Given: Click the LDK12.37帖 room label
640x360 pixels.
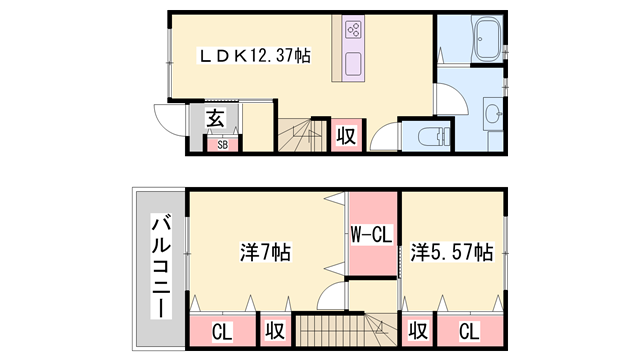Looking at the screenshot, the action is coord(253,56).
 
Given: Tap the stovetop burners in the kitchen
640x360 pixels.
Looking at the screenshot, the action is coord(353,30).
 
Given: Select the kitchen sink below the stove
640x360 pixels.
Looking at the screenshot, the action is coord(353,64).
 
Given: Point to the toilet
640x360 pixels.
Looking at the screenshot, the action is coord(433,136).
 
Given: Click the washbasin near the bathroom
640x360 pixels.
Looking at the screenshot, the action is coord(494,113).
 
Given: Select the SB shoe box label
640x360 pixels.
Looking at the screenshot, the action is coord(222,144).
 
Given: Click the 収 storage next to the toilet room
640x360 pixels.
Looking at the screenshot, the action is coord(346,136).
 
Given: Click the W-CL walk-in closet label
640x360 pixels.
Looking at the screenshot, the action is coord(371,234).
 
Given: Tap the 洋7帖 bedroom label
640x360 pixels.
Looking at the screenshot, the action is coord(265,252).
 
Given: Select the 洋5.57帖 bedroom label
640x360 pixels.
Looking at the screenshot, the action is coord(452,252).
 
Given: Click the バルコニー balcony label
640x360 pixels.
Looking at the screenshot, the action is coord(161,266).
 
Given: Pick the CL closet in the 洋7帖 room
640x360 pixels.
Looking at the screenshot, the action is coord(222,332).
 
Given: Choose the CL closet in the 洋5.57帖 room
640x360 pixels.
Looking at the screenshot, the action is coord(469,331).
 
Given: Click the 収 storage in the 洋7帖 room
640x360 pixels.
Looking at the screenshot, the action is coord(275,330).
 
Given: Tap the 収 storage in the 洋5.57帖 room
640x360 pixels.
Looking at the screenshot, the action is coord(418,330).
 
